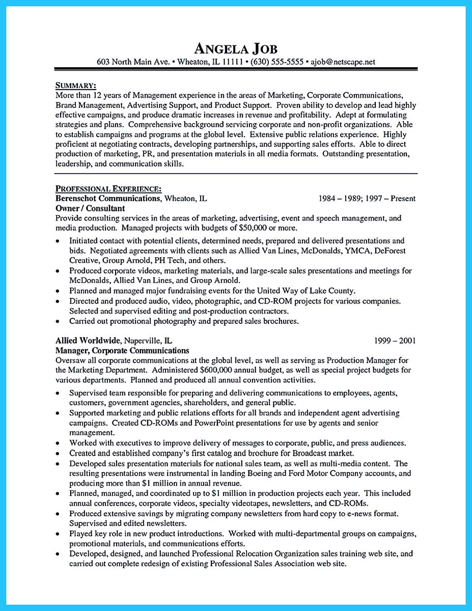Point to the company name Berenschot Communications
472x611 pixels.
click(x=107, y=199)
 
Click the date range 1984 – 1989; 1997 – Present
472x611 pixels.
click(x=367, y=199)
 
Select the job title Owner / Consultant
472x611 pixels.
click(x=90, y=208)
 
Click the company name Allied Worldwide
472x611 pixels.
click(x=87, y=341)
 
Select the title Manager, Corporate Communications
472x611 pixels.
click(x=122, y=350)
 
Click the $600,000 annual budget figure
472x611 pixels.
click(x=220, y=370)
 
